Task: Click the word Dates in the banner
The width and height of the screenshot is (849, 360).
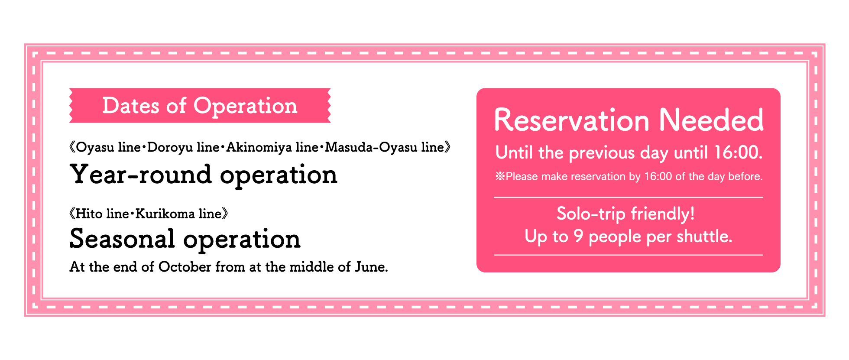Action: click(131, 106)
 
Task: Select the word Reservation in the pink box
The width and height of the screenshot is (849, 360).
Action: click(572, 120)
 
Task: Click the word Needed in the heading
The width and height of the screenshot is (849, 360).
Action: click(711, 120)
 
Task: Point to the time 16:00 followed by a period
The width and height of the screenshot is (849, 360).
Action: click(738, 152)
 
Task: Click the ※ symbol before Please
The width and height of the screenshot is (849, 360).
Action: click(500, 176)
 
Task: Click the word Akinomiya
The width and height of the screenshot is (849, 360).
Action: click(259, 148)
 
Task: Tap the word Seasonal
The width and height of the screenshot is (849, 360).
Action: click(122, 239)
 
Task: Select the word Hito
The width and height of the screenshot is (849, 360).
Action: click(89, 214)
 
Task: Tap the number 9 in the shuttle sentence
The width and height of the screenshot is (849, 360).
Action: click(578, 237)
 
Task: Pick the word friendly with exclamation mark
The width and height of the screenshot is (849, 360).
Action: click(663, 214)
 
